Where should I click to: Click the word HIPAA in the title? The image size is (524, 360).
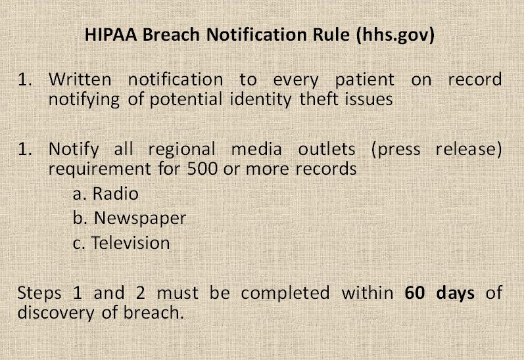tap(111, 34)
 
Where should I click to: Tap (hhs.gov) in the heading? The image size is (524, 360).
tap(395, 35)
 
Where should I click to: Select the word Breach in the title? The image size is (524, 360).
tap(171, 34)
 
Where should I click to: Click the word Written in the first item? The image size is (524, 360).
tap(80, 79)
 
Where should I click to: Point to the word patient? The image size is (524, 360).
tap(365, 80)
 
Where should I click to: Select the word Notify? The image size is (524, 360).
tap(74, 150)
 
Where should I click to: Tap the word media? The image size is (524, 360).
tap(256, 149)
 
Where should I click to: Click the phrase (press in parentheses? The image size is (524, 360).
tap(396, 150)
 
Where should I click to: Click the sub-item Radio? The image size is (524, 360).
tap(115, 194)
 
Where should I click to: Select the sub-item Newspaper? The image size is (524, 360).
tap(140, 219)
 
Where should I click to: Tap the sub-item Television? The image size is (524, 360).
tap(130, 243)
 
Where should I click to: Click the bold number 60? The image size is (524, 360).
tap(415, 293)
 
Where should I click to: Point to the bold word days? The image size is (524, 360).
tap(455, 294)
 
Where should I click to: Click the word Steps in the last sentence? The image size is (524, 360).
tap(39, 294)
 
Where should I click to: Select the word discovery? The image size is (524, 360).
tap(56, 313)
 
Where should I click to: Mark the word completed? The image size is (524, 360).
tap(285, 294)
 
